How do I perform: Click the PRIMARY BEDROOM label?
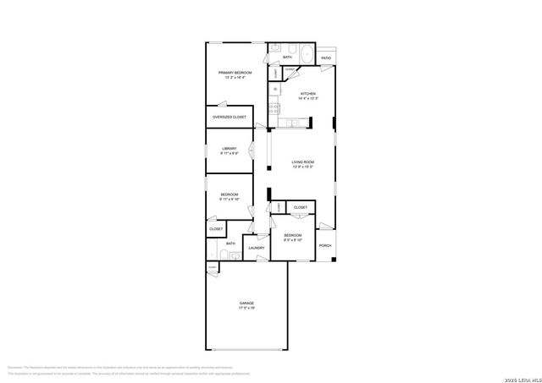coord(235,74)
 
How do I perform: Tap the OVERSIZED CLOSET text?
coord(230,117)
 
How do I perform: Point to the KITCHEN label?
coord(308,94)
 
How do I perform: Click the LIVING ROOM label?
coord(303,161)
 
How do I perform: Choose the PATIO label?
coord(326,58)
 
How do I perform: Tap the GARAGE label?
coord(246,302)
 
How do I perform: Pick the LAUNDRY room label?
coord(257,248)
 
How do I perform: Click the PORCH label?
coord(325,246)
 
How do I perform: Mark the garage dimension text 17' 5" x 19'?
coord(246,308)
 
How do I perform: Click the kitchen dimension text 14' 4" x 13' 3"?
coord(308,99)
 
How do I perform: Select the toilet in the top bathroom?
coord(289,48)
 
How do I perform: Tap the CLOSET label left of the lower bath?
coord(216,229)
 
